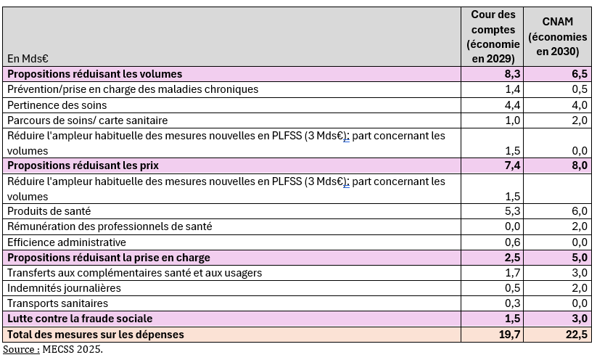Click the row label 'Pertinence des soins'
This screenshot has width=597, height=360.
(x=57, y=105)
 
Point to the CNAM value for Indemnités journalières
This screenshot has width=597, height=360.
(x=578, y=288)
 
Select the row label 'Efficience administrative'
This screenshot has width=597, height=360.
(x=67, y=242)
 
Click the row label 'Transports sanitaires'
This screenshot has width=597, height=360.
(x=57, y=303)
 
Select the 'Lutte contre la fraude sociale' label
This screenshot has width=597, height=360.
(x=79, y=319)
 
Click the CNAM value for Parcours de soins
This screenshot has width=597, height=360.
(x=578, y=120)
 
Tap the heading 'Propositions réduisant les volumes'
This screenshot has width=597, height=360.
(x=95, y=74)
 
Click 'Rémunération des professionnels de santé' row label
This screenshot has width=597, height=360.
(x=110, y=226)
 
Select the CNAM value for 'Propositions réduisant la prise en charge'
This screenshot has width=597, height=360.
(x=578, y=258)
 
